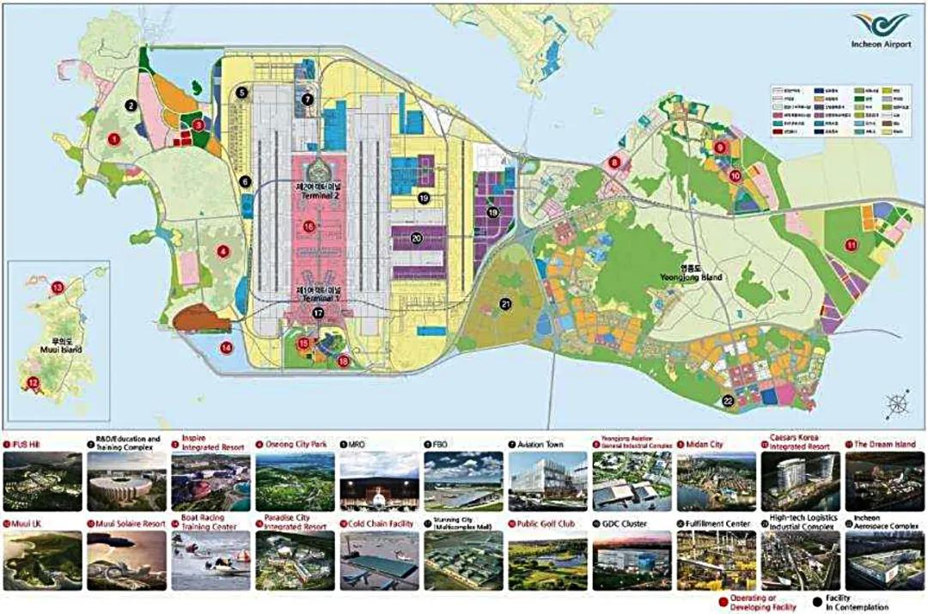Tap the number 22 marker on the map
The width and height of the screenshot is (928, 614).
coord(728,399)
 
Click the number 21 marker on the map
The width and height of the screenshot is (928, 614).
coord(506,303)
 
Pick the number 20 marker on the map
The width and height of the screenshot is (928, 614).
coord(417,239)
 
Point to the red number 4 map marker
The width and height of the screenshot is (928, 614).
coord(223,252)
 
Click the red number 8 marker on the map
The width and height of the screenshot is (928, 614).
coord(614,161)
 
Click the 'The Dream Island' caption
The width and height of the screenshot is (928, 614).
coord(885,444)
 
